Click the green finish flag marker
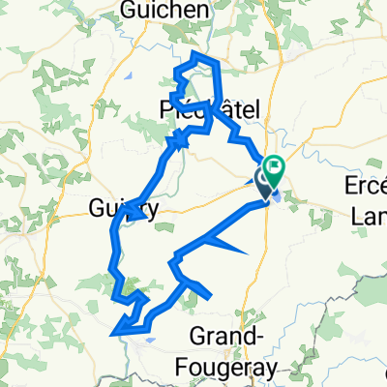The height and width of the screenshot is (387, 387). [x=274, y=170]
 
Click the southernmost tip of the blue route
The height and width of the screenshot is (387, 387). [x=114, y=334]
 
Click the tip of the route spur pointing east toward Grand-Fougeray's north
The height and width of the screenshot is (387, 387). [x=249, y=253]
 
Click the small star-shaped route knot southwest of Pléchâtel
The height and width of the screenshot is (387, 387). [x=177, y=143]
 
